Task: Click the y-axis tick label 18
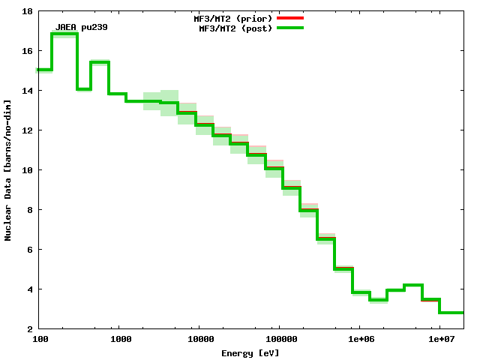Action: [x=26, y=12]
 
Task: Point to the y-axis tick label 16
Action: [x=26, y=51]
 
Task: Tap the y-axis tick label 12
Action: [x=26, y=130]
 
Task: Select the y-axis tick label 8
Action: [x=28, y=210]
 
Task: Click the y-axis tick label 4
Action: [x=28, y=289]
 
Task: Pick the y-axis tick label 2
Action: [x=28, y=329]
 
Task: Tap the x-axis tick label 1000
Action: [x=121, y=340]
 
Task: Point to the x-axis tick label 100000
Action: [x=278, y=340]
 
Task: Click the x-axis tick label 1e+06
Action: [x=359, y=340]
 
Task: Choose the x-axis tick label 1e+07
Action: [x=439, y=340]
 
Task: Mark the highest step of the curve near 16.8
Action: [x=64, y=34]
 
